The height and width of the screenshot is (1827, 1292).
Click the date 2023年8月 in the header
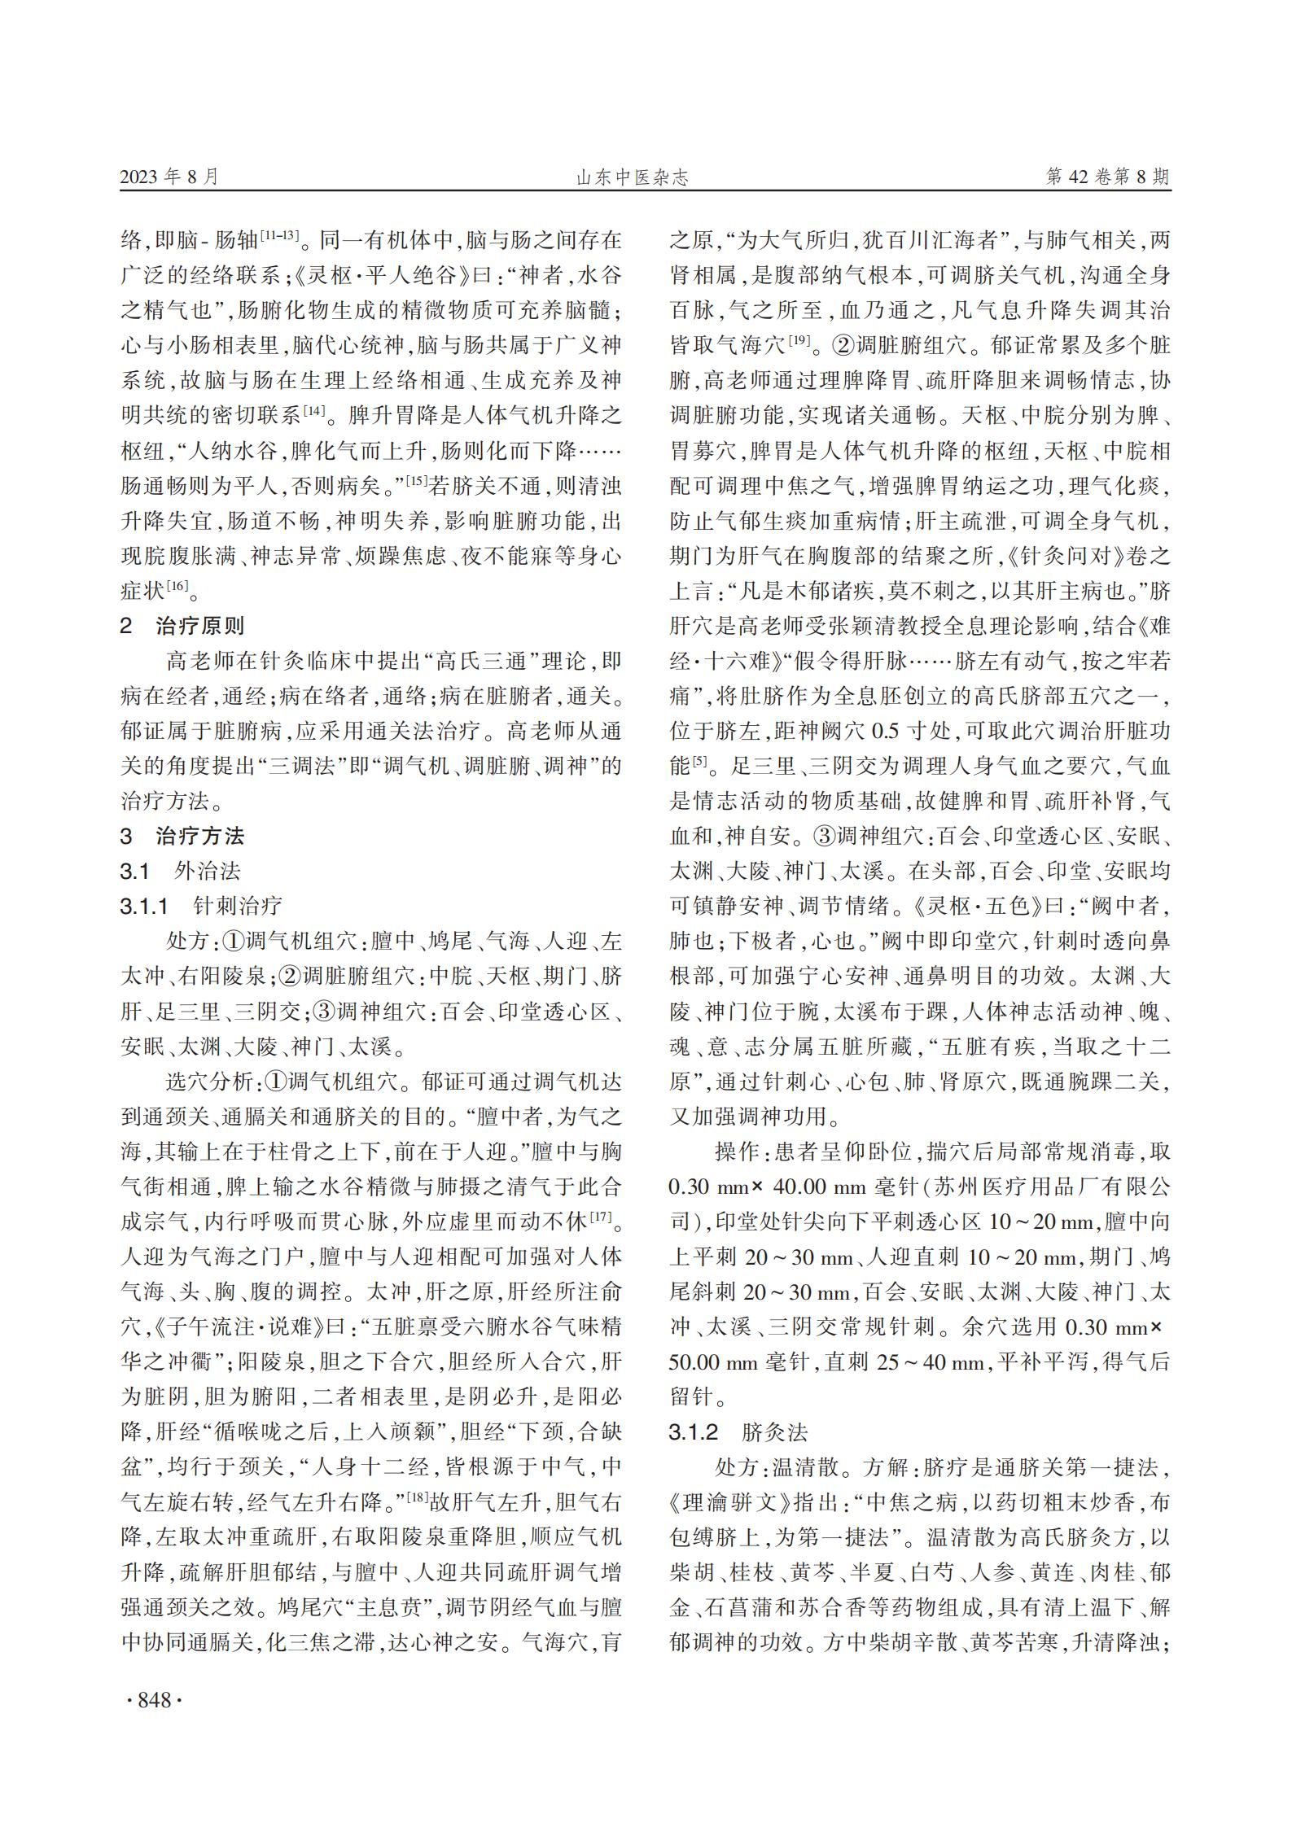169,177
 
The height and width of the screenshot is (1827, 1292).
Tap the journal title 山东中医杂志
633,177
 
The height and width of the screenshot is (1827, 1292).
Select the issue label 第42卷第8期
1107,177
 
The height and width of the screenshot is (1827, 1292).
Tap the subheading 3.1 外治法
180,871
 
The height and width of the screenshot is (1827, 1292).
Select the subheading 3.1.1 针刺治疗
201,906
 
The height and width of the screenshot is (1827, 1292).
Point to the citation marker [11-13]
279,234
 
